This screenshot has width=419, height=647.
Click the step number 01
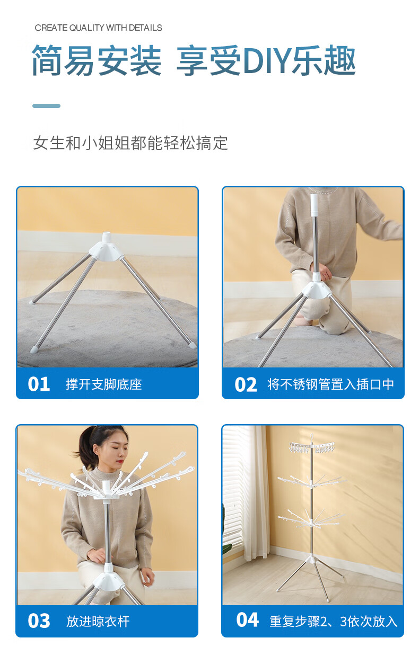tap(39, 384)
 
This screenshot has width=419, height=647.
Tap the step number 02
tap(246, 384)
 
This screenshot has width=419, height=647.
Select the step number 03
tap(39, 622)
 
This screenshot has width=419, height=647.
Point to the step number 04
tap(247, 621)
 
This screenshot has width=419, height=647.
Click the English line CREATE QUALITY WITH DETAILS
tap(98, 28)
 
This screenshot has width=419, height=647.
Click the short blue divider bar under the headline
tap(46, 106)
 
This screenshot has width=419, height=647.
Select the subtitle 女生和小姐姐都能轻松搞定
tap(130, 143)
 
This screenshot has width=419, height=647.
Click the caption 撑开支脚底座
tap(104, 384)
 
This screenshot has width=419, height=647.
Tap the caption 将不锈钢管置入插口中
tap(331, 384)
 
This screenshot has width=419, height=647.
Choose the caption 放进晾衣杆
tap(98, 622)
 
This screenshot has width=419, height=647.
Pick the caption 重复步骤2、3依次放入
tap(334, 622)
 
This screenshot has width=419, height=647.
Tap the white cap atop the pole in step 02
tap(314, 204)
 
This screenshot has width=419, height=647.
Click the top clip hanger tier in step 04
tap(312, 446)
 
